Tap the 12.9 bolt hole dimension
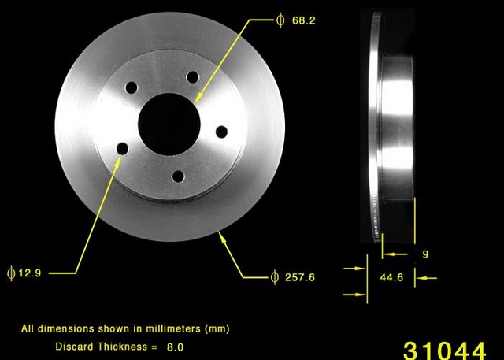click(28, 273)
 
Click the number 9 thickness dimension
click(425, 254)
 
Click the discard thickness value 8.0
click(177, 346)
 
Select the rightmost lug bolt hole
click(221, 131)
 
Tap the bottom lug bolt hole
click(178, 176)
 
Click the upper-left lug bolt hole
click(132, 87)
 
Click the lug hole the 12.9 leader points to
click(122, 147)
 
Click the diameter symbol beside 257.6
click(274, 277)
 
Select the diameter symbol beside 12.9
click(11, 273)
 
